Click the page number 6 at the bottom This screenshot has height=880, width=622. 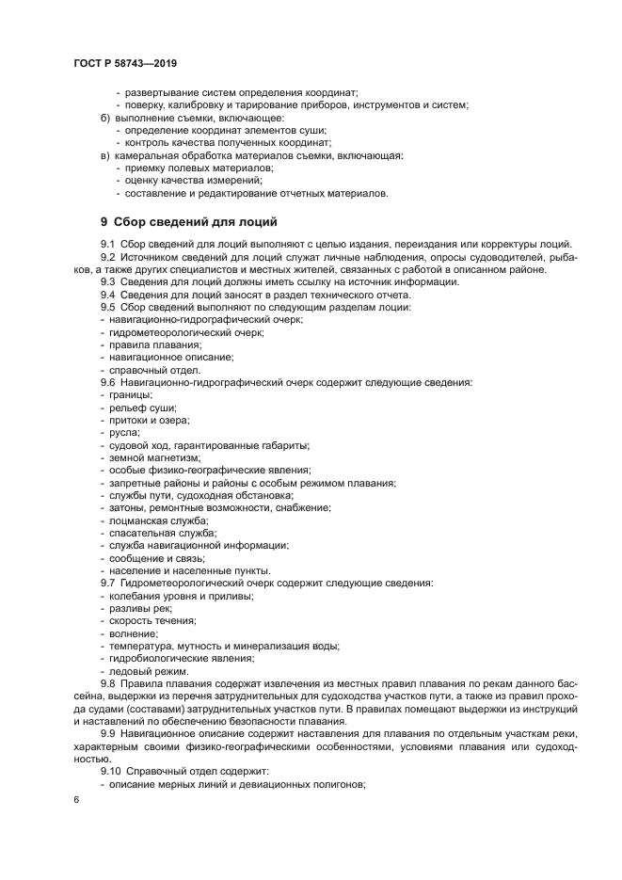74,799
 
